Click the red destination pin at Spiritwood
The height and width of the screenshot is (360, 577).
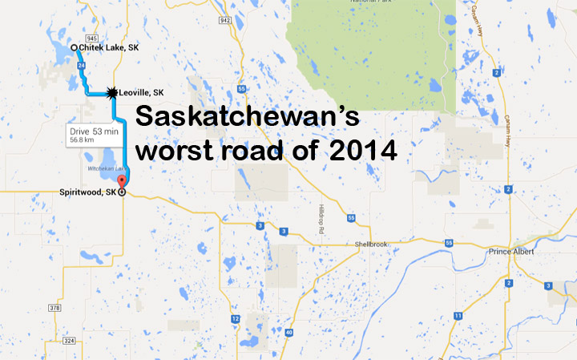tap(122, 181)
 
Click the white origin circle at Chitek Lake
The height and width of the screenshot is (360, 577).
tap(74, 48)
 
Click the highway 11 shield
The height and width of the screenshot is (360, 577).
tap(457, 315)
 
